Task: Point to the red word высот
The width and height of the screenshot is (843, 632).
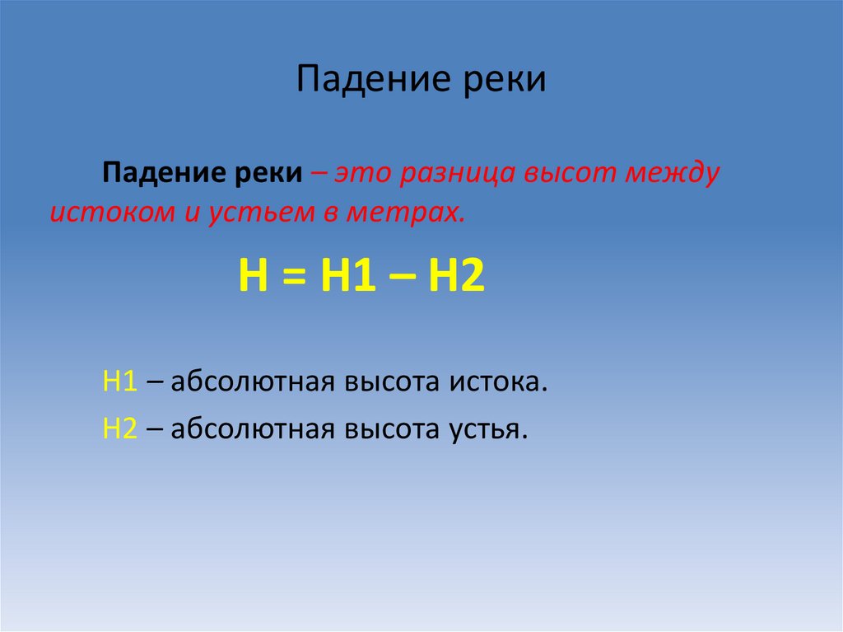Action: tap(560, 176)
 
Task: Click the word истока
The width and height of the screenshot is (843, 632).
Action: tap(498, 382)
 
